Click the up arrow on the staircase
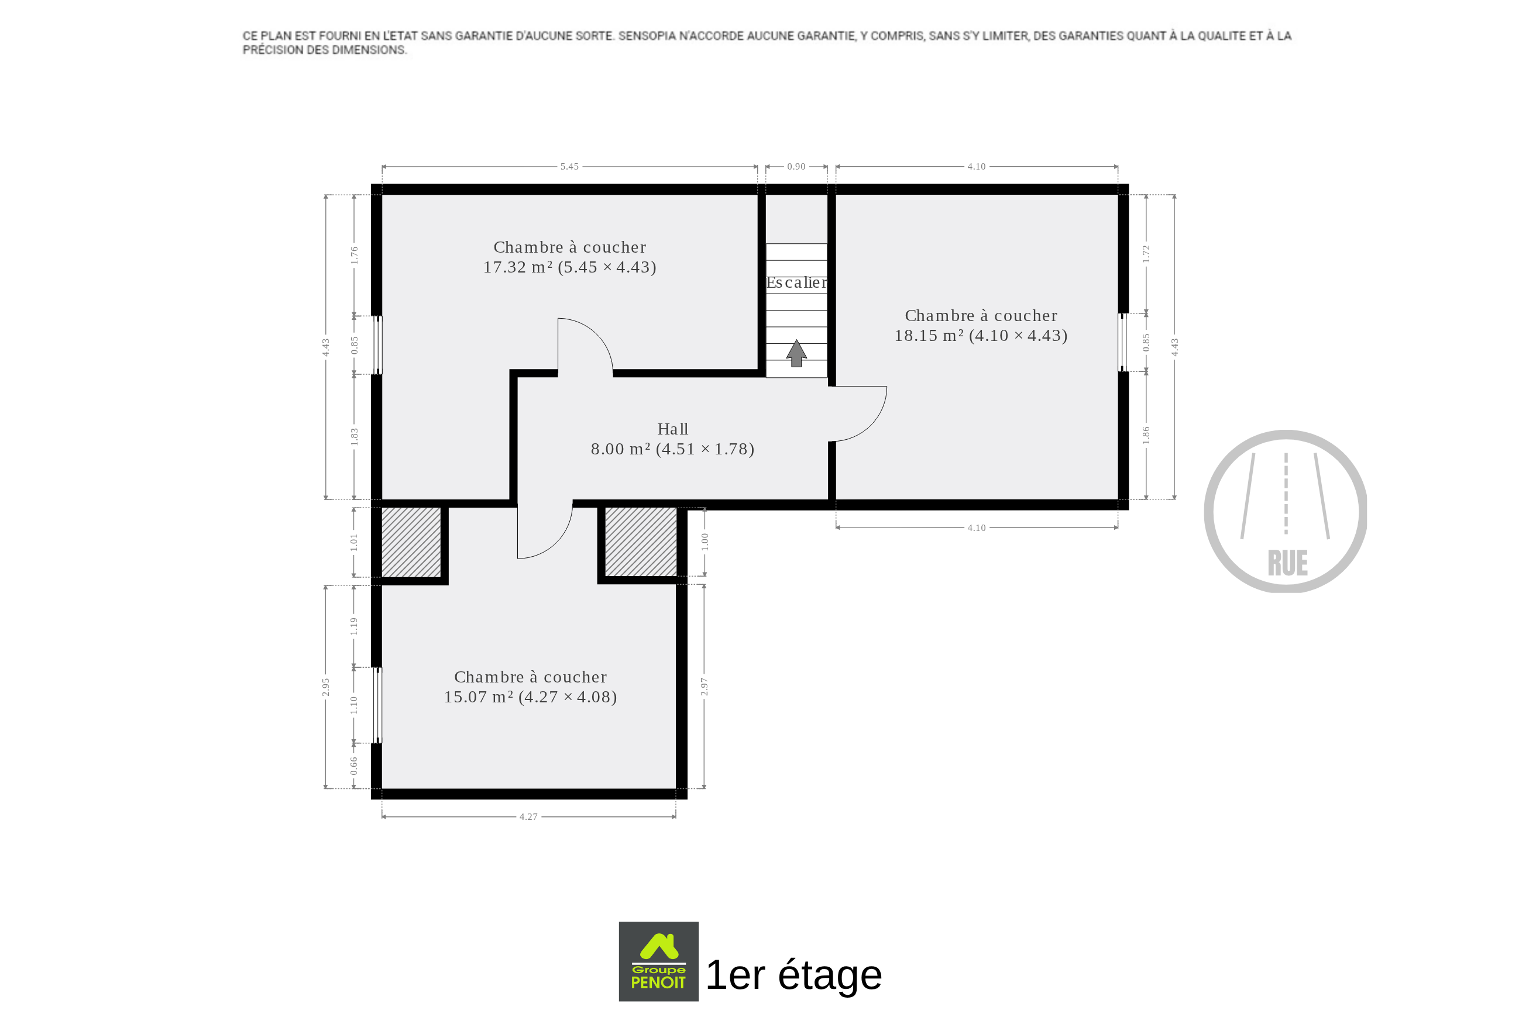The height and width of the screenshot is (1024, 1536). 796,353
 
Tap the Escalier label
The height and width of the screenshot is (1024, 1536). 796,283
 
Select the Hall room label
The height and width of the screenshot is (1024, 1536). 672,439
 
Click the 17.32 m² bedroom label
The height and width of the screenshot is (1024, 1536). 570,257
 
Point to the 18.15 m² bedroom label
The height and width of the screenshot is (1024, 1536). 981,326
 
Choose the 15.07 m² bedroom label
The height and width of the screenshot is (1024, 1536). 531,687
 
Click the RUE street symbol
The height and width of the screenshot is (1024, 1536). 1286,511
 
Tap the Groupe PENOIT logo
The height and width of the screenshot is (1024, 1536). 658,961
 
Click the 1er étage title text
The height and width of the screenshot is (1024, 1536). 794,975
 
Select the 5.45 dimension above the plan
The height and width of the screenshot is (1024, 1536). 569,167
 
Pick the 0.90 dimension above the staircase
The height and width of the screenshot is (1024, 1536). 796,167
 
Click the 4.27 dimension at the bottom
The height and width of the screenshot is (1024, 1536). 528,817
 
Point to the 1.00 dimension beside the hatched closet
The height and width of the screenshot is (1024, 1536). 705,542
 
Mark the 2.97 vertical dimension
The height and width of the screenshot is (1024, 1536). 705,687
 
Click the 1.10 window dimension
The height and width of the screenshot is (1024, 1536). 354,705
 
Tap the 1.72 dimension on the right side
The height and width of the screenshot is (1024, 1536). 1146,254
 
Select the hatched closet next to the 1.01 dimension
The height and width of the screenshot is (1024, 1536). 411,543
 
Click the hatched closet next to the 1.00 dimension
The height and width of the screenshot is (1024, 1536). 641,543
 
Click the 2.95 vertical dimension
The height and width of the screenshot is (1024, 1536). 326,687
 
